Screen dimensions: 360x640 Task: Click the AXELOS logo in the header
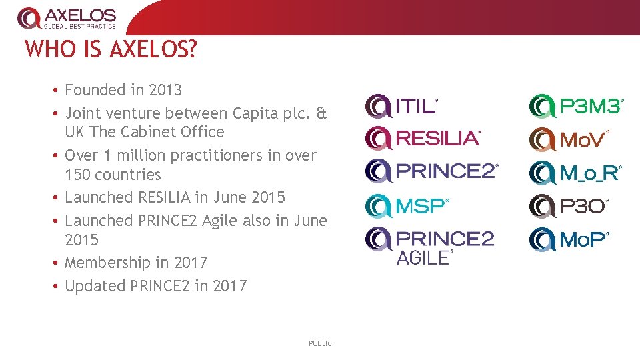pos(67,18)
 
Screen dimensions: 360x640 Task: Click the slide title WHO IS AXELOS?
pos(111,49)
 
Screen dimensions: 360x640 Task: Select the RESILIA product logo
pos(423,139)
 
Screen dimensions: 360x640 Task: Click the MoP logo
pos(569,239)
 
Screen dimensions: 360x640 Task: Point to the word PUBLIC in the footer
pos(320,343)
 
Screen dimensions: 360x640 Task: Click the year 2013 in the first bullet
pos(165,90)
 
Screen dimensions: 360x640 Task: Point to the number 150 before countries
pos(79,175)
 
